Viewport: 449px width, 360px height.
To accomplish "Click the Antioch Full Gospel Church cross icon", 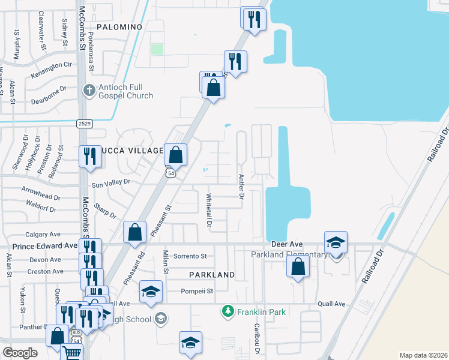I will click(89, 90).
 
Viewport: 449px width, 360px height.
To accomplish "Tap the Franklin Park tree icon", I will click(228, 311).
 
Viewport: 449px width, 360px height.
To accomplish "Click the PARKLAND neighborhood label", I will click(211, 274).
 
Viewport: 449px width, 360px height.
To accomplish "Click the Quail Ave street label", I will click(332, 304).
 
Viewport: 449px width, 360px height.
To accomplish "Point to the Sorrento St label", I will click(190, 256).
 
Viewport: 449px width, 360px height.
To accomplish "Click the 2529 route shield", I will click(84, 123).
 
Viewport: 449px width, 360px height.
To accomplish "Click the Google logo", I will click(20, 352).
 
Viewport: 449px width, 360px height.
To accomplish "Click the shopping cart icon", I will click(71, 353).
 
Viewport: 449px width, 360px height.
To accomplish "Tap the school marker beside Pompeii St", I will click(150, 292).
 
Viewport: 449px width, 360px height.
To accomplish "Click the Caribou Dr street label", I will click(256, 340).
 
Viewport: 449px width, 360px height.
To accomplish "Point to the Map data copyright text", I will click(423, 355).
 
